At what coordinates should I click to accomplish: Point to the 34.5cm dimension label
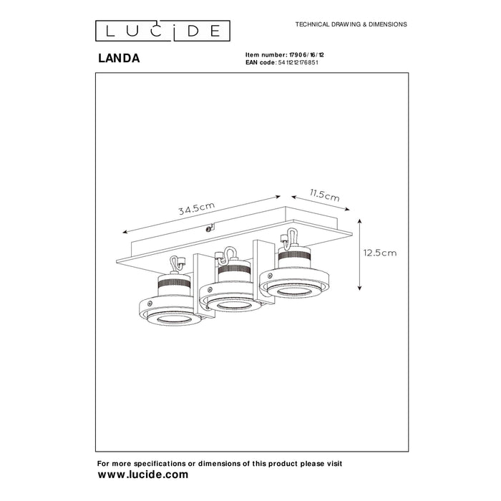point(198,209)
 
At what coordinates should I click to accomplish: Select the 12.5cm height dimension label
point(379,252)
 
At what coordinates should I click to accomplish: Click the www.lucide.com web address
point(143,474)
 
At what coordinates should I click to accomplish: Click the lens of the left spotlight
point(167,316)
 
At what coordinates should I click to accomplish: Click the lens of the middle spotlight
point(229,305)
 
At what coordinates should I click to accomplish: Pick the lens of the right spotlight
point(290,292)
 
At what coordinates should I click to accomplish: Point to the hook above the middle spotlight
point(230,253)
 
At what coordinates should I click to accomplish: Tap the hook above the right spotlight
point(290,236)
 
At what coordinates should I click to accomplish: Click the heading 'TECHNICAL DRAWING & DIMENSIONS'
point(351,24)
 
